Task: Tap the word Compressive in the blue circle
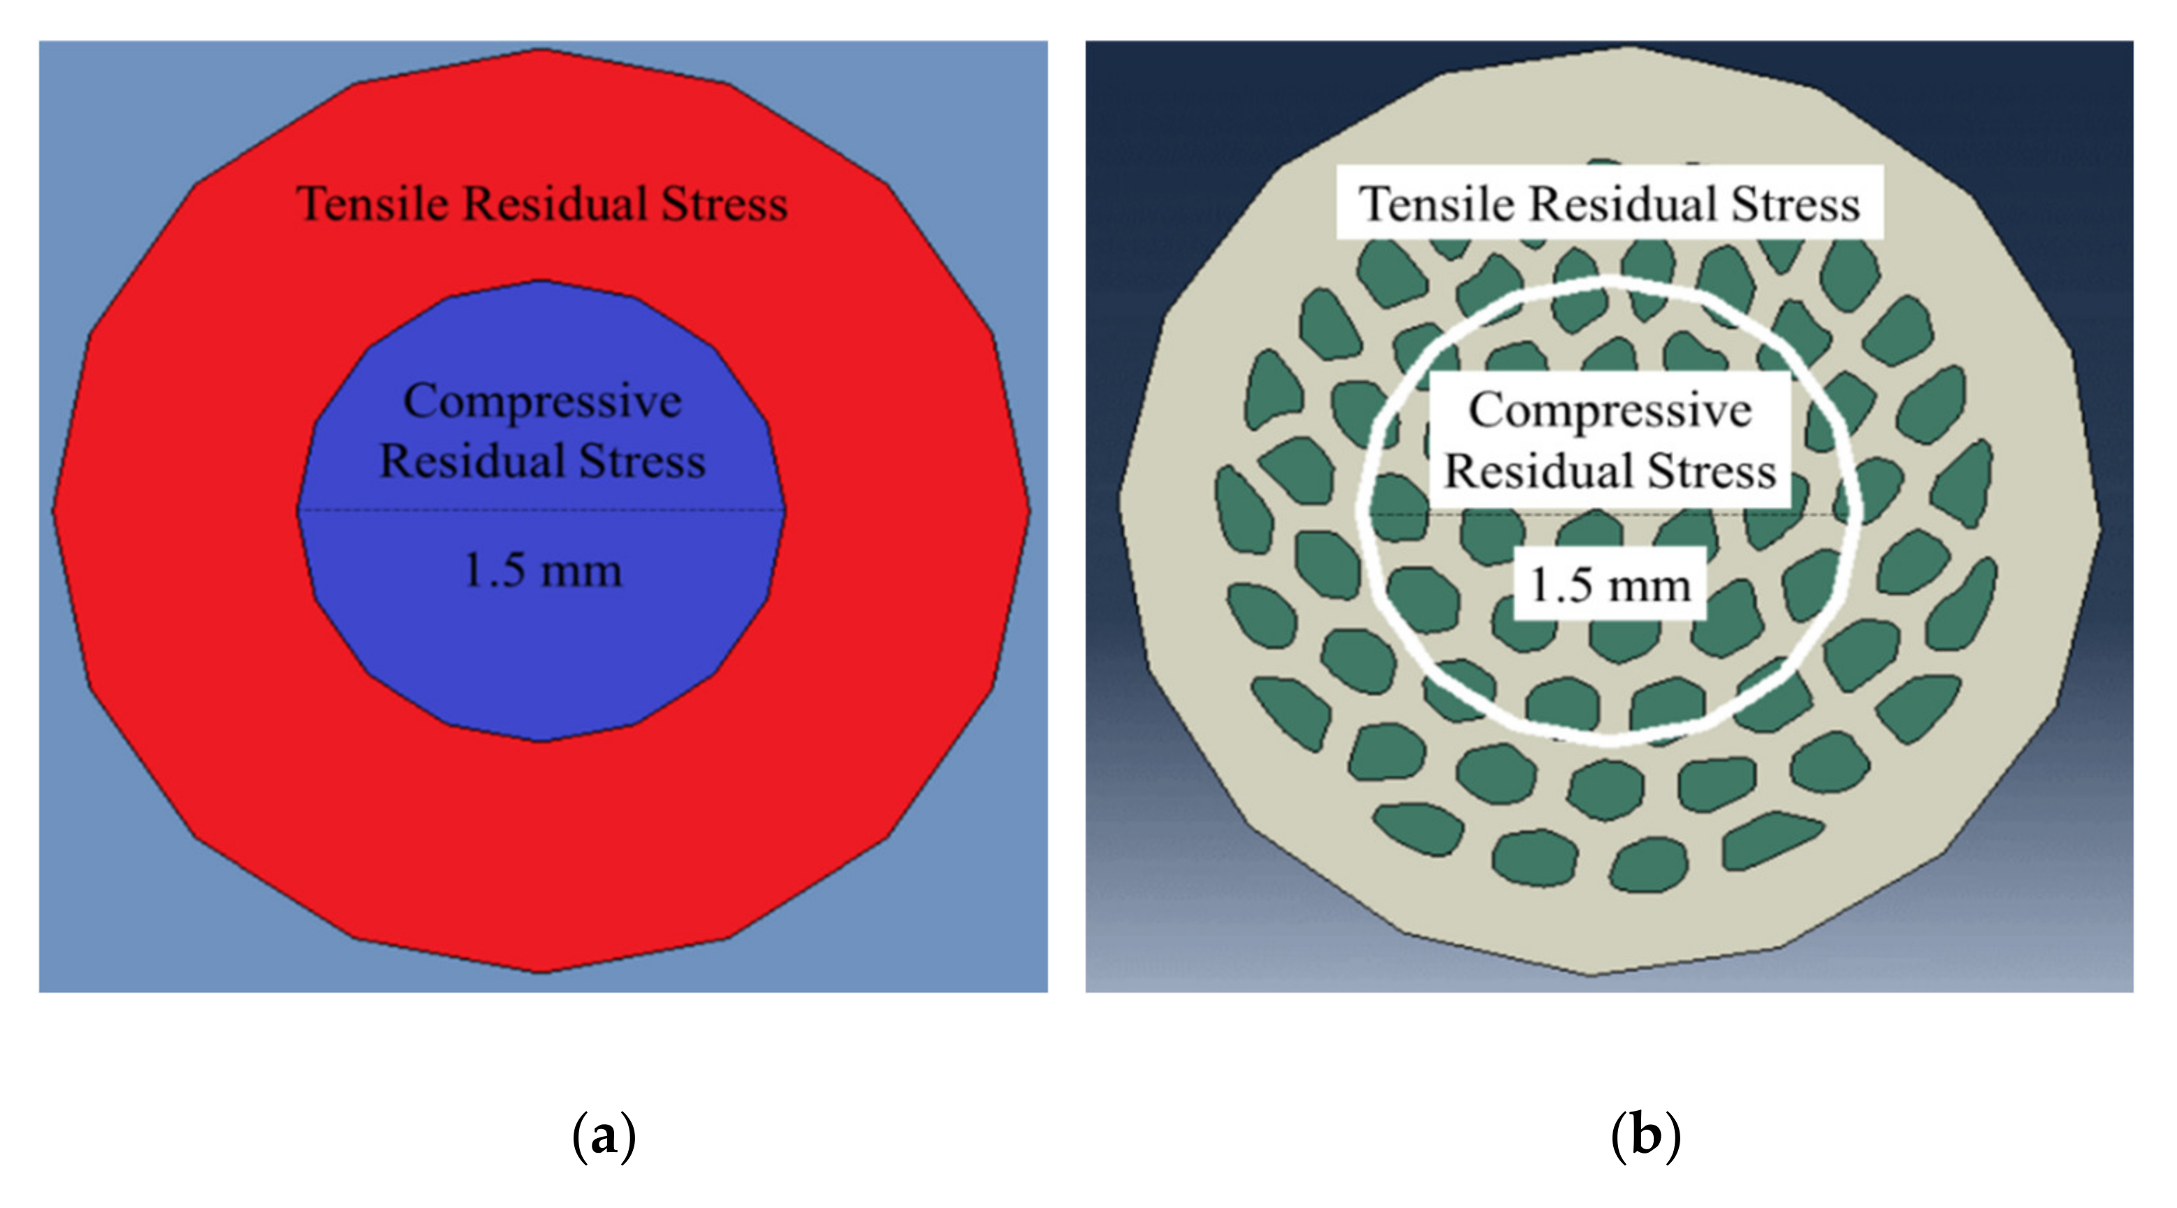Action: click(541, 401)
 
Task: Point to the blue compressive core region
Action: click(541, 659)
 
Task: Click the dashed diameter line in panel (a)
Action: click(423, 510)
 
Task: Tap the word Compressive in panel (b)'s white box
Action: click(1610, 411)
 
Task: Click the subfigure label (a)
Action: click(604, 1137)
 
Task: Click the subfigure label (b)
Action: click(1645, 1137)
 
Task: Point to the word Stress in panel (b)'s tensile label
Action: click(1795, 205)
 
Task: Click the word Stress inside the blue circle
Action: click(642, 461)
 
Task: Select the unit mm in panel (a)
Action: click(581, 571)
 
